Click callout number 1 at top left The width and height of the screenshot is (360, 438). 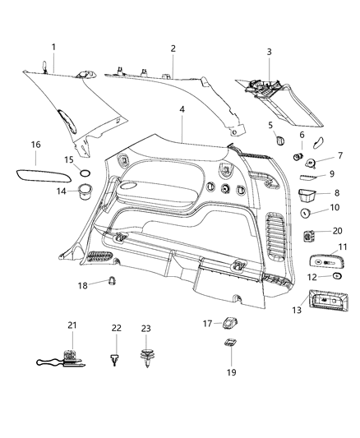[53, 47]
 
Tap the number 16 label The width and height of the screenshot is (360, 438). [35, 145]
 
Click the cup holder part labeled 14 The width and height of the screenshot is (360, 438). [83, 193]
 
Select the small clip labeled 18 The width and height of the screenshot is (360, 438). [99, 285]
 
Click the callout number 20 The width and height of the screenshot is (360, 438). [338, 232]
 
